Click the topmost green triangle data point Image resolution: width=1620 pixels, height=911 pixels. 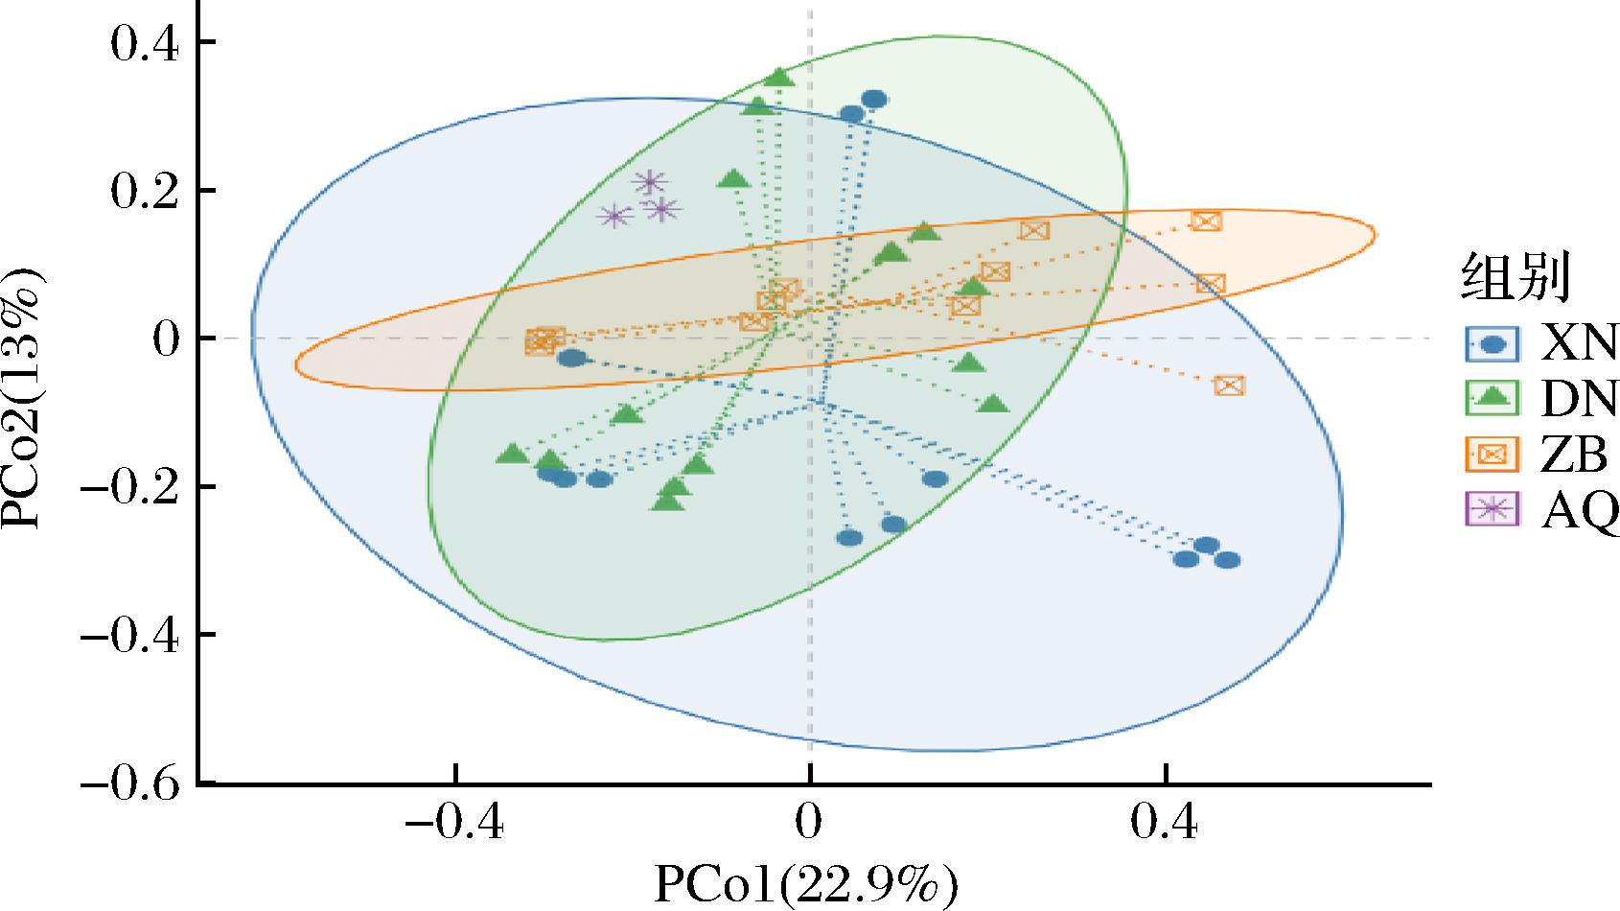777,78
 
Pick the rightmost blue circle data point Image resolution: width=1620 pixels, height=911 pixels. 1227,560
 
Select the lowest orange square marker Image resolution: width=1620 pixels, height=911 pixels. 1229,385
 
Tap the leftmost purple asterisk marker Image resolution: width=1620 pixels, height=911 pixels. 614,217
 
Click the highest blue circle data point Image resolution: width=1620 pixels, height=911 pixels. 873,99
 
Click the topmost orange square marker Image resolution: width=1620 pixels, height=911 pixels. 1206,222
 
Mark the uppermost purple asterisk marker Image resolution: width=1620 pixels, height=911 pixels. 650,181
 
